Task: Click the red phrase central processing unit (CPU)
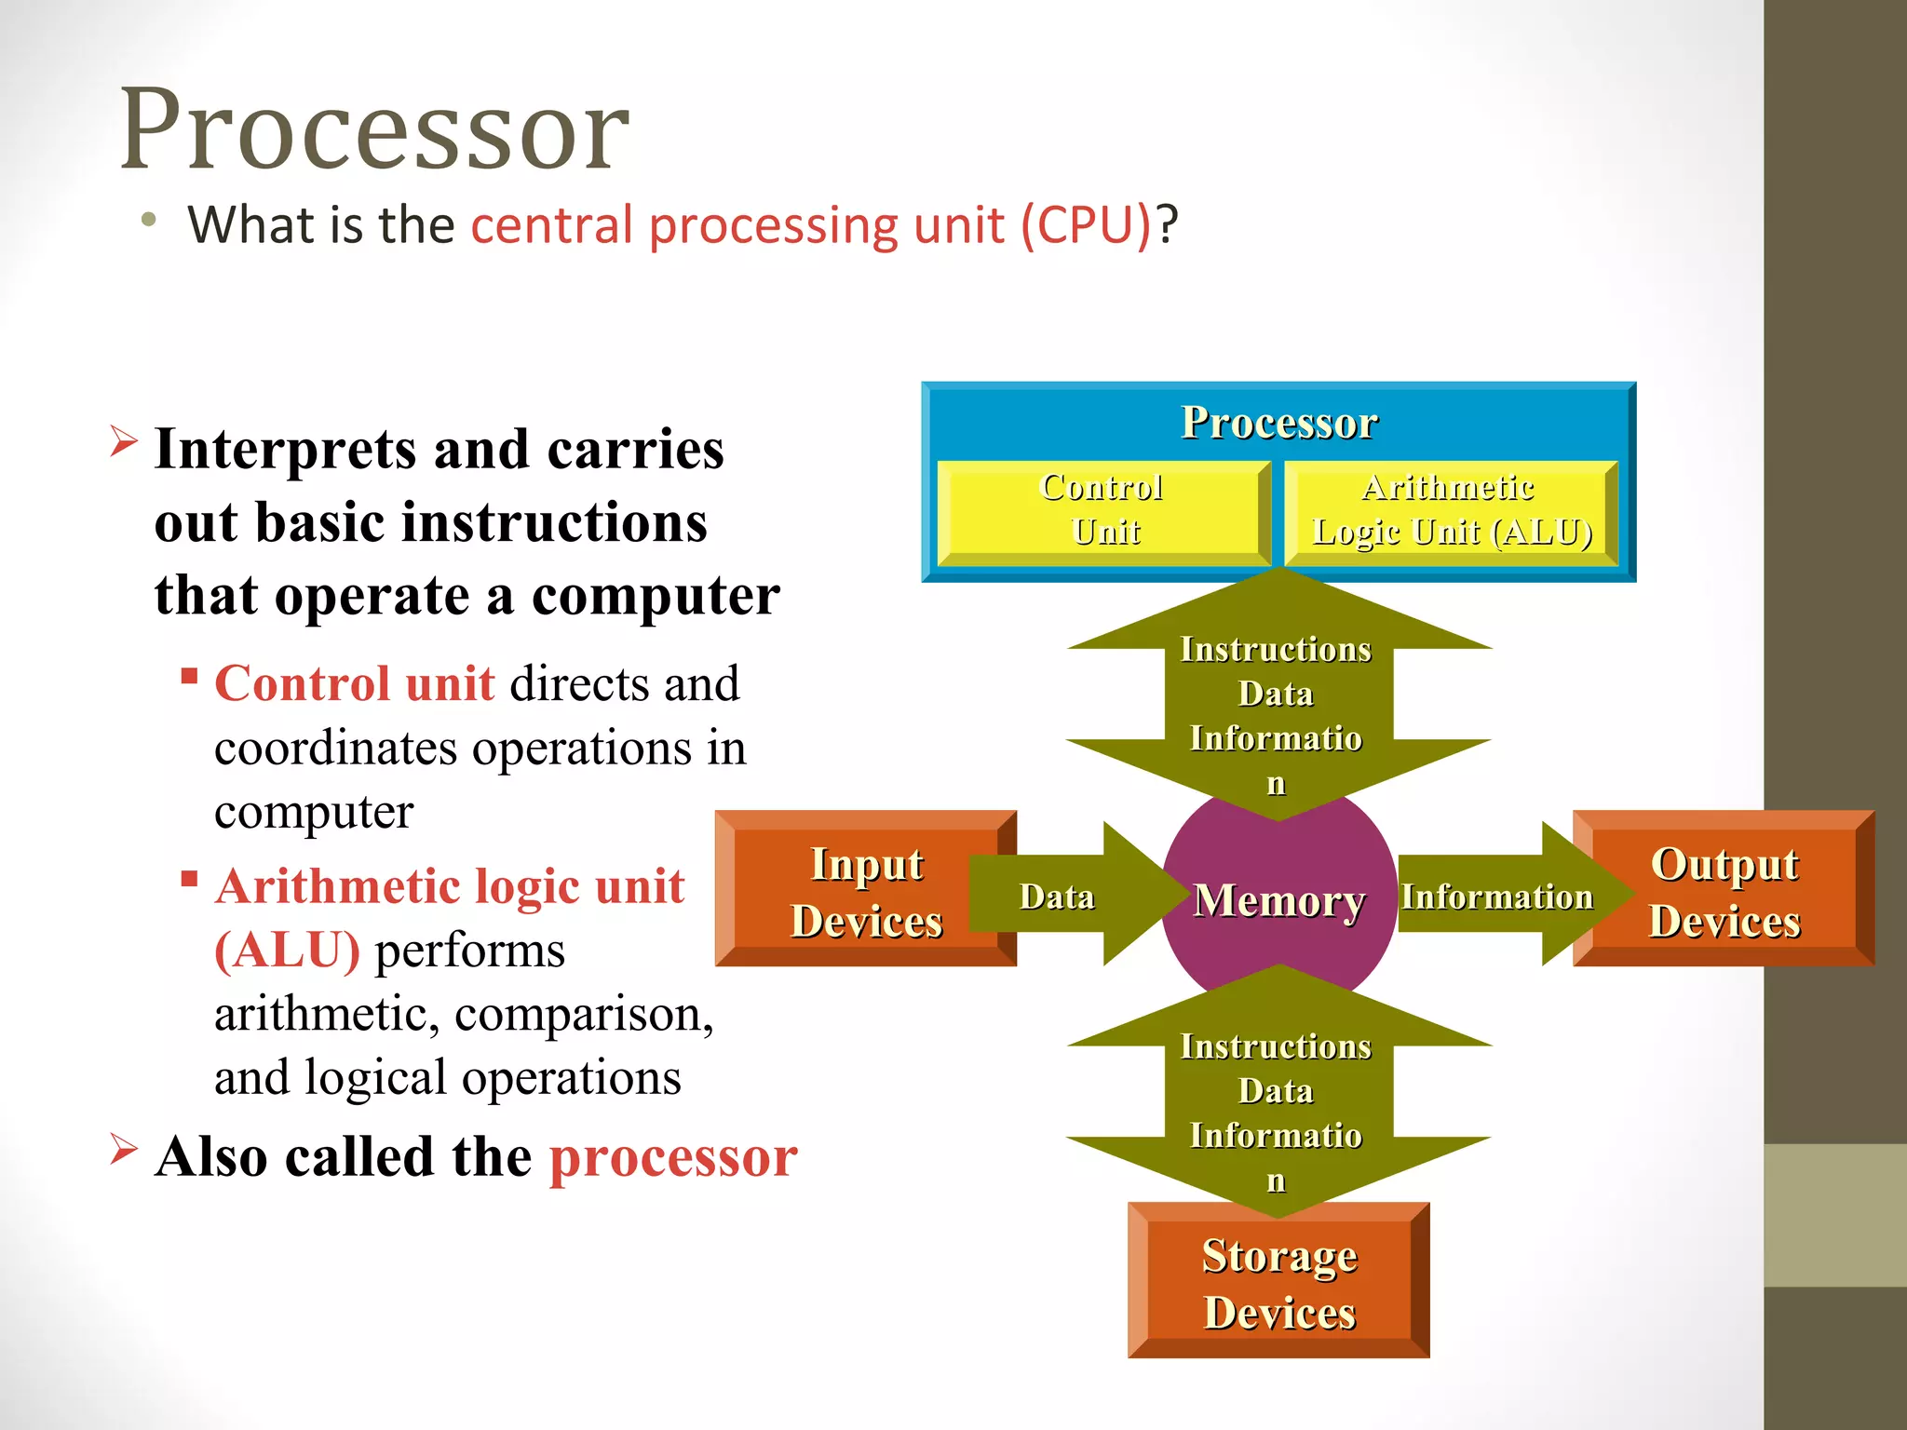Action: (x=810, y=225)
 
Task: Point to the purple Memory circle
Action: (x=1278, y=901)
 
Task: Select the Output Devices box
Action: (x=1724, y=891)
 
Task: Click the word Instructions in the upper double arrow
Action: (x=1276, y=649)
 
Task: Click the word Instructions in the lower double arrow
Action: (x=1276, y=1046)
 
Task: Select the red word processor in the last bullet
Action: (x=673, y=1156)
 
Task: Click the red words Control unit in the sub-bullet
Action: (x=354, y=683)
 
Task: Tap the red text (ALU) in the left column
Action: (x=287, y=951)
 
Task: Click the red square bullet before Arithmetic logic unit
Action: (x=189, y=878)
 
